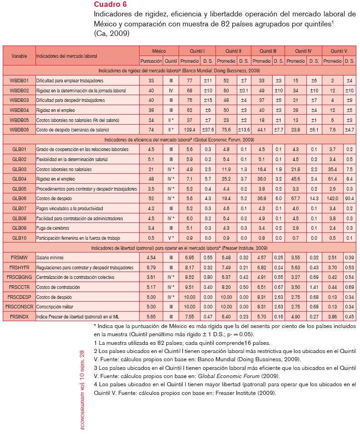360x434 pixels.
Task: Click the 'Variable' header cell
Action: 19,56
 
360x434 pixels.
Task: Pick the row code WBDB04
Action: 19,110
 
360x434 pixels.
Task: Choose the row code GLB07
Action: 19,209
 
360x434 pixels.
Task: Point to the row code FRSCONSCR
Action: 19,307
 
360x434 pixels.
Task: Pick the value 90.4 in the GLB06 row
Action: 349,199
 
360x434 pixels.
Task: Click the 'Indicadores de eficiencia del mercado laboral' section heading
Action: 179,140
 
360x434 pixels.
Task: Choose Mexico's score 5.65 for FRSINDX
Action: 152,317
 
